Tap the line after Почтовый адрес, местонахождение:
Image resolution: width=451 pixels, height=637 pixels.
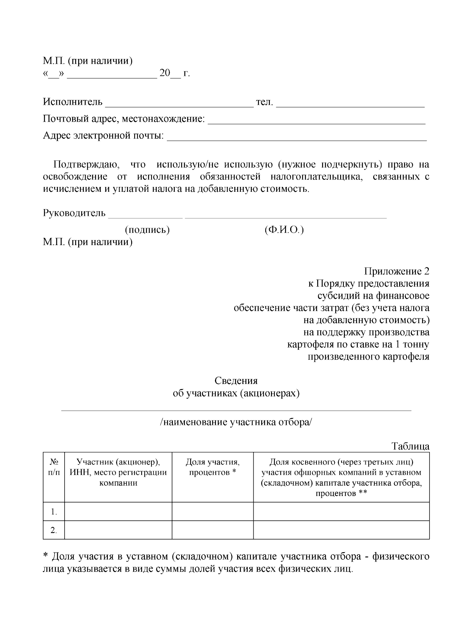[316, 122]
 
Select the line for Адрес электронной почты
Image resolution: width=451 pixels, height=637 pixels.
[297, 139]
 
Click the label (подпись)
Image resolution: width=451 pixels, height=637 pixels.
[147, 230]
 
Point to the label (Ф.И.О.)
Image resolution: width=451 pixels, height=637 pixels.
[284, 230]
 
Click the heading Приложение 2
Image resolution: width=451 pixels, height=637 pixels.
[397, 271]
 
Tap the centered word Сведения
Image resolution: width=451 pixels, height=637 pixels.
[236, 381]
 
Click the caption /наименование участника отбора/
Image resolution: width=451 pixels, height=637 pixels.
[236, 422]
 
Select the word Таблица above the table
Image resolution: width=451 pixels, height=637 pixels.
[410, 446]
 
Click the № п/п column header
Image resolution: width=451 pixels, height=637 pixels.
[54, 467]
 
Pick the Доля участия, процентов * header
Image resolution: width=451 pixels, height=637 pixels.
[212, 467]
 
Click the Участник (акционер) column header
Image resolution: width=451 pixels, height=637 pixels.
[118, 472]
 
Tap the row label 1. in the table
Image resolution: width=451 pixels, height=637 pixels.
[54, 512]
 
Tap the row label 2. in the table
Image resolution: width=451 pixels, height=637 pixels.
[54, 530]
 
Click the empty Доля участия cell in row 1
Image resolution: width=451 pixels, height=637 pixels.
[212, 511]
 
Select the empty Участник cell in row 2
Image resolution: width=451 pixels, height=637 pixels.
[118, 530]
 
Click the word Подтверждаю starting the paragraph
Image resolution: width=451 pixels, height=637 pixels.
[86, 164]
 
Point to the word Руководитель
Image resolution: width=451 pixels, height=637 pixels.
[74, 213]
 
